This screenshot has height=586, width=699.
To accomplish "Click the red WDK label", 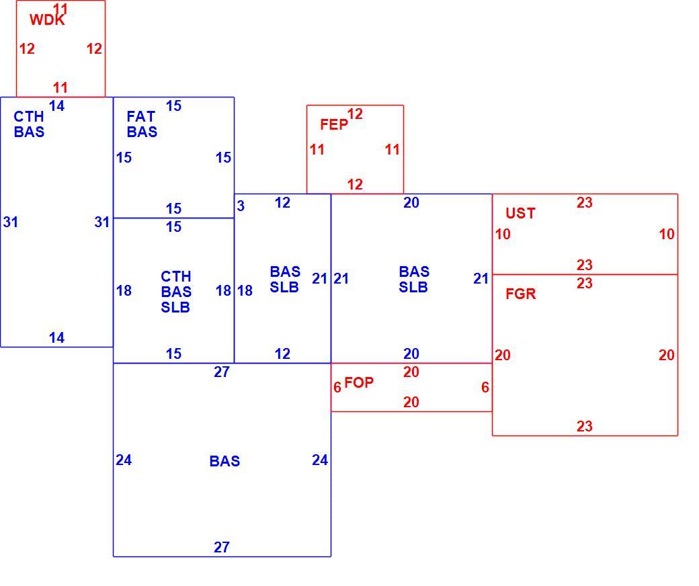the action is point(47,19).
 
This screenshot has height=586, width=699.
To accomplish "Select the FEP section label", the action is point(334,125).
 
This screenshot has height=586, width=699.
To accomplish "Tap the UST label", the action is point(520,213).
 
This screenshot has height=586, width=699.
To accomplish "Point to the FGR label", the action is point(521,294).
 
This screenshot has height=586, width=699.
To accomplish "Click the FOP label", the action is point(359,382).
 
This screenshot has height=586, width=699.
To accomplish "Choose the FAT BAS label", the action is point(142,124).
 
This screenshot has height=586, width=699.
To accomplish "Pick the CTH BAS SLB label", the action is point(176,292).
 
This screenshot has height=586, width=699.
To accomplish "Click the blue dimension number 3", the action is point(241,206).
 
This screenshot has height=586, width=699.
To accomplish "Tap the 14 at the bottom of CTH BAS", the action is point(56,338).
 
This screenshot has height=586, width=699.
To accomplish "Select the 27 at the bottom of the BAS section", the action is point(222,547).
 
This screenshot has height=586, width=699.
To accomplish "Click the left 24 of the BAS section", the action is point(124,460).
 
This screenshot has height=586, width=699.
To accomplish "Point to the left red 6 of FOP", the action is point(337,387).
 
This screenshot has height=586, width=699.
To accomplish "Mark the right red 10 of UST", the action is point(667,234).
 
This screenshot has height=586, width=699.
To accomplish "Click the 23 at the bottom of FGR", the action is point(585,426).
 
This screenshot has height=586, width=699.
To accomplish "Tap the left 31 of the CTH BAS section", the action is point(11,222).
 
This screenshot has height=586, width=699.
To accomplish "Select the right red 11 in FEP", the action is point(393,149).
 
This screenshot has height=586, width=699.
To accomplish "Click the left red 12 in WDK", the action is point(27,48).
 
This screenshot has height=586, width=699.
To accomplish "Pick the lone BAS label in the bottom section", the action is point(224,461).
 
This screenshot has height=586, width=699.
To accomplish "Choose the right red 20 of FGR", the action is point(667,355).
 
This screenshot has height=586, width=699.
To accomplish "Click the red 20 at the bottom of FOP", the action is point(411,402).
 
